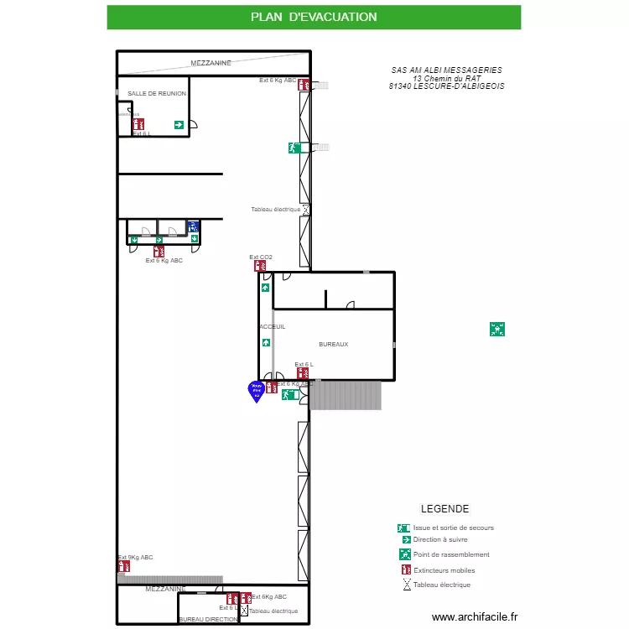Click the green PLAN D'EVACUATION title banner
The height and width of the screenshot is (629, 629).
(x=314, y=17)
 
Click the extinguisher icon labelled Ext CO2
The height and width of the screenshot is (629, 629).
(x=260, y=266)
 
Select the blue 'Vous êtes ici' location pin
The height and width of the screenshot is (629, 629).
(x=257, y=390)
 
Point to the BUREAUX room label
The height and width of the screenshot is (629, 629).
(x=333, y=345)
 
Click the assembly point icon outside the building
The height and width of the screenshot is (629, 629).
(x=497, y=330)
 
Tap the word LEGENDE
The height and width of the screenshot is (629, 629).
(x=444, y=509)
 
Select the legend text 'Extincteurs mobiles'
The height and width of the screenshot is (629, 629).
(x=444, y=570)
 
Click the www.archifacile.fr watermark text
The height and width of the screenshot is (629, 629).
(x=475, y=616)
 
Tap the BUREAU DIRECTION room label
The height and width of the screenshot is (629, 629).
(x=208, y=620)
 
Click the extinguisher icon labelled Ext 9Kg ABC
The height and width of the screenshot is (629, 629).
(x=122, y=566)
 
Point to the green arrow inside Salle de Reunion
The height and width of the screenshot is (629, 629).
(x=179, y=125)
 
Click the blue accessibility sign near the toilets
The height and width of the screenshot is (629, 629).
(x=193, y=226)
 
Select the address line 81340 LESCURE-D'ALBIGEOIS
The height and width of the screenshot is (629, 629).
(x=447, y=86)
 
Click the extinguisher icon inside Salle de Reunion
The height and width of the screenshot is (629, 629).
(x=138, y=124)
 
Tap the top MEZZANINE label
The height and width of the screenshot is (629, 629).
(x=211, y=63)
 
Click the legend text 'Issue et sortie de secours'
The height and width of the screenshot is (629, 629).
(x=453, y=528)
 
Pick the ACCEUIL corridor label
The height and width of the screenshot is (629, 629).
(x=273, y=327)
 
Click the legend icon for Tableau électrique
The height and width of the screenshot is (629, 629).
(x=407, y=585)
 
